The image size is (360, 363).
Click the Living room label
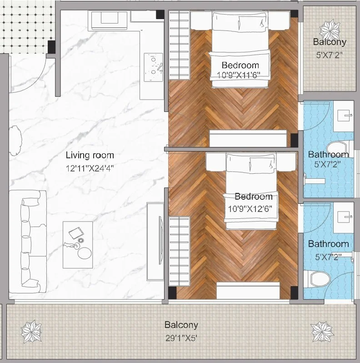pyautogui.click(x=90, y=155)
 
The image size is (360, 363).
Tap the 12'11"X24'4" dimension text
pyautogui.click(x=90, y=168)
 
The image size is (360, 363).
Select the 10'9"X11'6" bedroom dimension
pyautogui.click(x=239, y=75)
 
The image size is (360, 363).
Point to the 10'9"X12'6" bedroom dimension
pyautogui.click(x=250, y=209)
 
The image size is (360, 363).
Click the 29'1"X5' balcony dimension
pyautogui.click(x=181, y=338)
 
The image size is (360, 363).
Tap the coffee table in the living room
pyautogui.click(x=78, y=245)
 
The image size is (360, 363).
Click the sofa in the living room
pyautogui.click(x=28, y=242)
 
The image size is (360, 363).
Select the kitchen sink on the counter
pyautogui.click(x=153, y=67)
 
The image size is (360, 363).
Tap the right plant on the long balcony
pyautogui.click(x=322, y=332)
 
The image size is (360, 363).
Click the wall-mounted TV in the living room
pyautogui.click(x=160, y=240)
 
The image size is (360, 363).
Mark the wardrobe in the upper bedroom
pyautogui.click(x=179, y=45)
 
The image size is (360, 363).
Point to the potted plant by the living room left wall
pyautogui.click(x=15, y=141)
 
